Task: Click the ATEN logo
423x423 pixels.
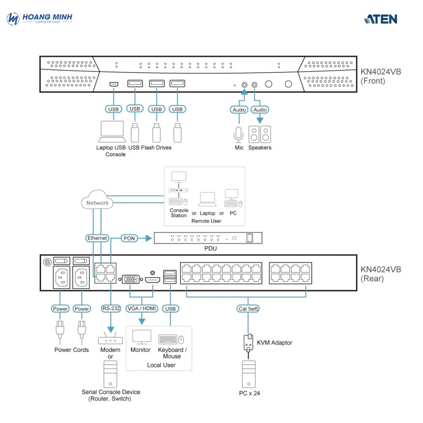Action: [380, 19]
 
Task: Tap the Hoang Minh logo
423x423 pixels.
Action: [40, 19]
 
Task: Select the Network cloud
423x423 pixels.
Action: [97, 202]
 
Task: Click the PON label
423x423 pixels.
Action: [129, 238]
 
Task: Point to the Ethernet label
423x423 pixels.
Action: [97, 238]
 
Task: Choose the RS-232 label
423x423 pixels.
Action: [111, 308]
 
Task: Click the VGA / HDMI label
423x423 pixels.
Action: [141, 308]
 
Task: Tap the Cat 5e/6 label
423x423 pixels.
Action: [248, 309]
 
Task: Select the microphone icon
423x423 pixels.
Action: [239, 135]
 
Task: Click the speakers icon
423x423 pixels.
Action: [260, 134]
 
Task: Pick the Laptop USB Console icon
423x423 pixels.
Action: [112, 132]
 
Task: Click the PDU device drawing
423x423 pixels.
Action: [207, 238]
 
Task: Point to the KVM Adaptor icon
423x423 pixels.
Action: [248, 342]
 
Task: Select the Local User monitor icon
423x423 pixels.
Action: [141, 338]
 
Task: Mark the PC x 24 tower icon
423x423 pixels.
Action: [249, 374]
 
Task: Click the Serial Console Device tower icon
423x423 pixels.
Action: [110, 374]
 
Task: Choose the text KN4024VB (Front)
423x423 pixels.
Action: [380, 76]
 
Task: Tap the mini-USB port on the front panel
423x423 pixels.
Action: [113, 84]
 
